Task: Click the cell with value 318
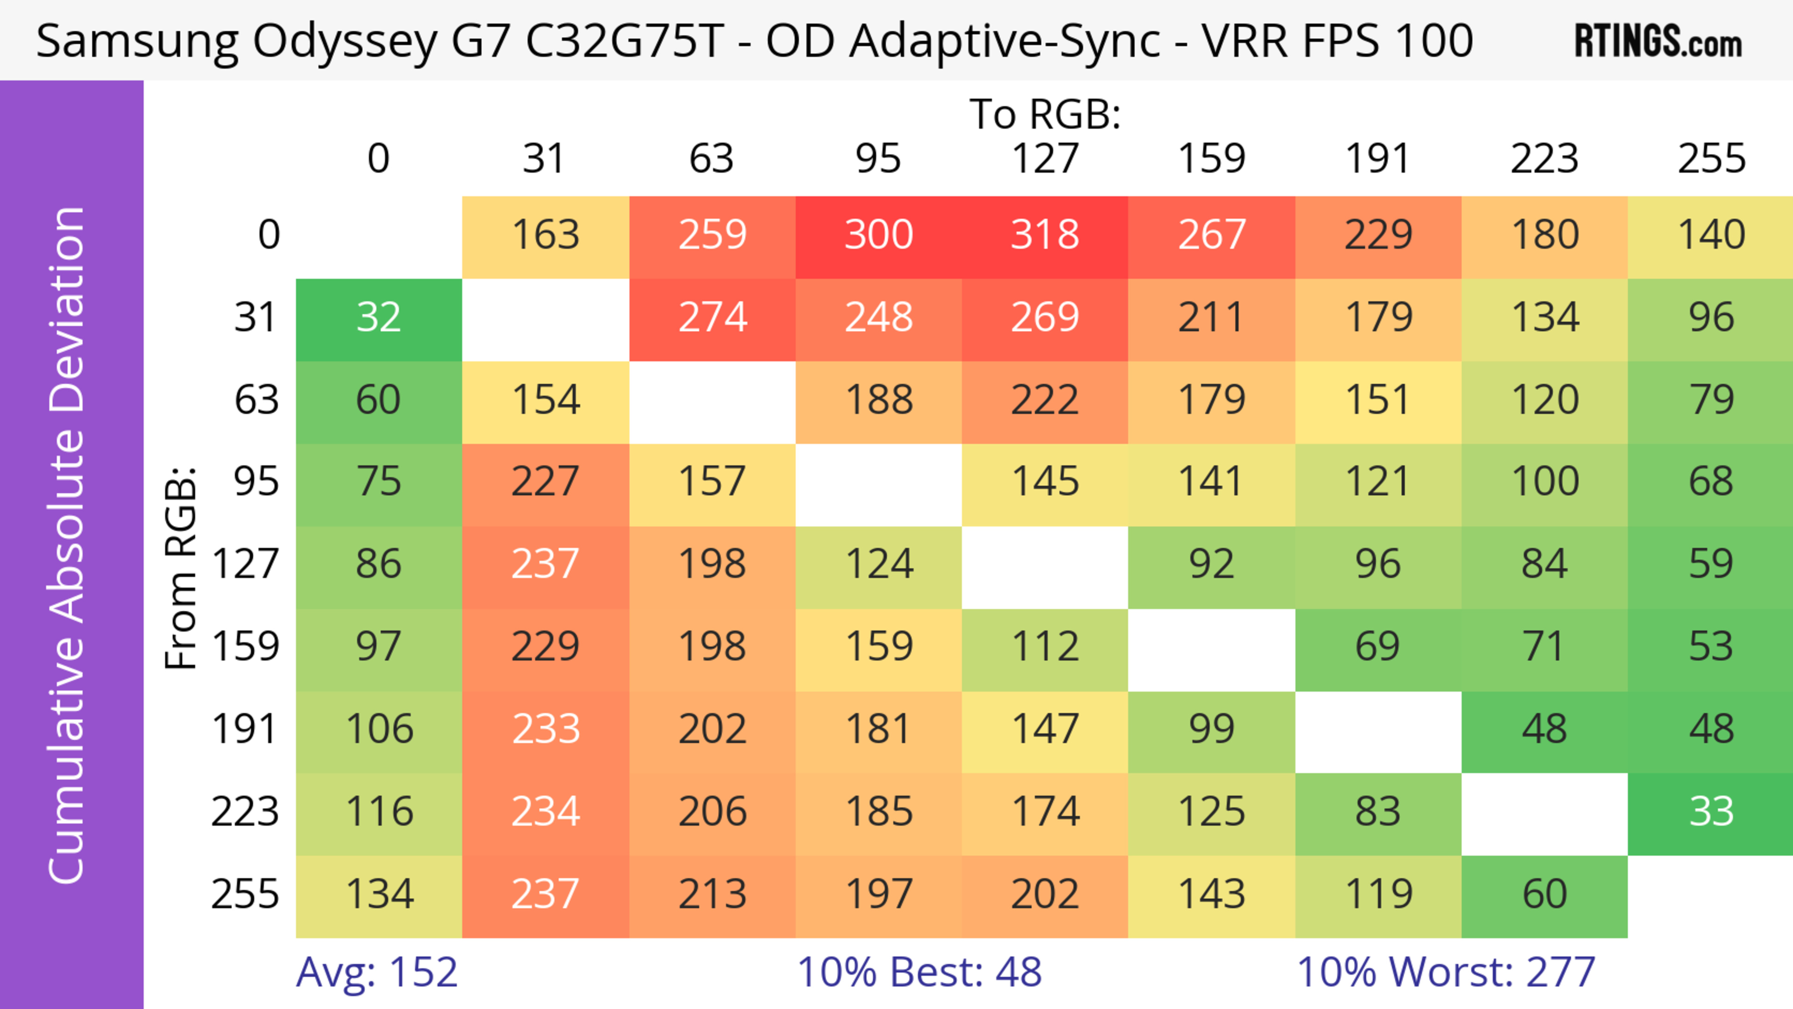tap(1045, 235)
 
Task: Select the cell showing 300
tap(878, 235)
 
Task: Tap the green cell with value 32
tap(379, 318)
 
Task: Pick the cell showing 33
tap(1711, 812)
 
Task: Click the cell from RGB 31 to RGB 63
tap(712, 318)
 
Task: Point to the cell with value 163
tap(546, 235)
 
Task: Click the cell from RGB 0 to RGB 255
tap(1711, 235)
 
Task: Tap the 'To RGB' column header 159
tap(1211, 159)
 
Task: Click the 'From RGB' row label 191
tap(245, 730)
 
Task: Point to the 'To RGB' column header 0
tap(379, 159)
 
